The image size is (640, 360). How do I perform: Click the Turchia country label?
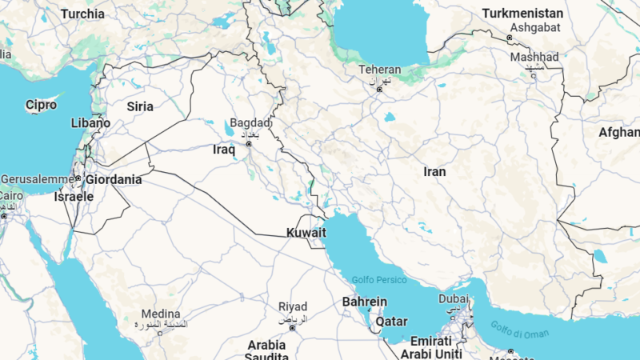(82, 14)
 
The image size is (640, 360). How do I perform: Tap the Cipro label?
(41, 105)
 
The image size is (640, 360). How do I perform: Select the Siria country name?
(140, 106)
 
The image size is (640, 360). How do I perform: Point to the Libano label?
(90, 123)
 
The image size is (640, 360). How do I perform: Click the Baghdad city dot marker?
(249, 144)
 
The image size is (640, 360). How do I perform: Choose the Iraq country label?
(224, 150)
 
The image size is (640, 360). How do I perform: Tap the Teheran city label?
(379, 70)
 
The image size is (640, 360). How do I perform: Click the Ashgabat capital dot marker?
(510, 38)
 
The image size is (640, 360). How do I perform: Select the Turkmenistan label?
(522, 14)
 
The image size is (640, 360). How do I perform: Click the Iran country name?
(434, 171)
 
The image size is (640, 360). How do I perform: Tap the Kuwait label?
(306, 233)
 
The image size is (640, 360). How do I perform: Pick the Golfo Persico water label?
(379, 280)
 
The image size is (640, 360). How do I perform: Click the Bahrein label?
(364, 302)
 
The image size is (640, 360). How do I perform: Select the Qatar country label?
(391, 321)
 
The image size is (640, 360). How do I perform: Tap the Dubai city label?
(454, 298)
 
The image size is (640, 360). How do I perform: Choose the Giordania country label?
(114, 180)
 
